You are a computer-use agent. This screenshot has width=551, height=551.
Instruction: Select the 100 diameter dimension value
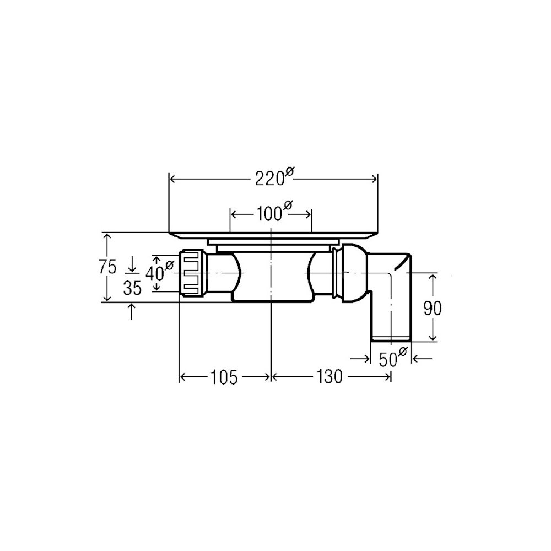(274, 211)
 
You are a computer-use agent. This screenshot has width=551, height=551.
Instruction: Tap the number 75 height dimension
(107, 267)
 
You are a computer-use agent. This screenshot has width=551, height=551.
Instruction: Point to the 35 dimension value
(132, 288)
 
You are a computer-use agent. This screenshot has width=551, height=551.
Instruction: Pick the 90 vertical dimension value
(432, 309)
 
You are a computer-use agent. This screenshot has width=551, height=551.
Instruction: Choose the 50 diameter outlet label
(392, 358)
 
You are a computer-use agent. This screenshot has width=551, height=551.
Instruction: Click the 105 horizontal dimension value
(224, 377)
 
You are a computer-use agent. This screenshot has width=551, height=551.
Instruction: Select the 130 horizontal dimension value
(329, 377)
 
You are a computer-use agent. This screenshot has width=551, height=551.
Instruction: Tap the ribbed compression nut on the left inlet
(192, 273)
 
